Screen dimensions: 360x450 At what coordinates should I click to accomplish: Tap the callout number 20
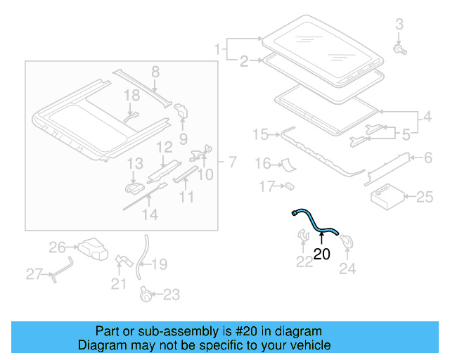coord(321,254)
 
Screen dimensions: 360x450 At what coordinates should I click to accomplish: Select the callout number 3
coord(399,25)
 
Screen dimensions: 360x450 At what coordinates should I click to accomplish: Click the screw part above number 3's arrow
coord(399,50)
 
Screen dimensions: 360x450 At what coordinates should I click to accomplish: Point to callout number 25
coord(425,197)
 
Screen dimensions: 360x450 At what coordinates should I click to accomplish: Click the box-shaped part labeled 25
coord(385,197)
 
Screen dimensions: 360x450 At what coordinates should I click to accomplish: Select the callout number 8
coord(155,70)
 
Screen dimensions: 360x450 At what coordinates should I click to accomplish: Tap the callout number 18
coord(132,94)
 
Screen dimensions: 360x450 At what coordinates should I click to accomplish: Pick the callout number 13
coord(134,163)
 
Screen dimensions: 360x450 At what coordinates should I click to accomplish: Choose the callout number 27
coord(34,274)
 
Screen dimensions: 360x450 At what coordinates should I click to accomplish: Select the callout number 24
coord(348,267)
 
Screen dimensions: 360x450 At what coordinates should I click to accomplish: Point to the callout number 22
coord(304,262)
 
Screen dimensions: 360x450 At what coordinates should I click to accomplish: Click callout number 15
coord(260,134)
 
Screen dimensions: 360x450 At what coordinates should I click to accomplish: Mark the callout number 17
coord(266,187)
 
